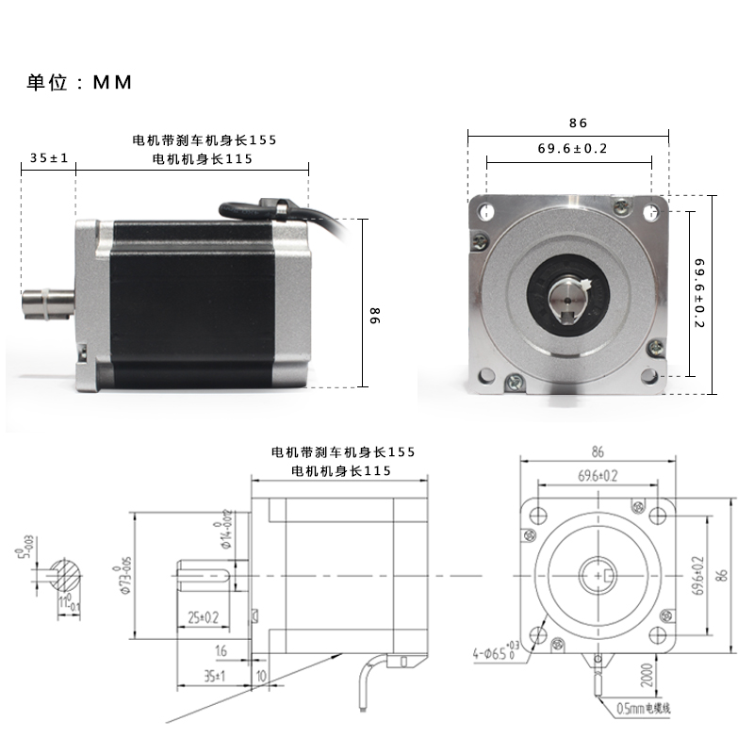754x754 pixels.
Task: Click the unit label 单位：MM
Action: [78, 82]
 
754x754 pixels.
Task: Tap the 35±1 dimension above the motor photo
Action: [49, 158]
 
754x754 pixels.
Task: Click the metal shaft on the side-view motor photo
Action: [46, 307]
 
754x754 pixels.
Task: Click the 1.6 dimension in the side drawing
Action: [221, 651]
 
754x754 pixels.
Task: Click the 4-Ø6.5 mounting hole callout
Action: [497, 648]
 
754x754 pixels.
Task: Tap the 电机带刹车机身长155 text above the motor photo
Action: [205, 139]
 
